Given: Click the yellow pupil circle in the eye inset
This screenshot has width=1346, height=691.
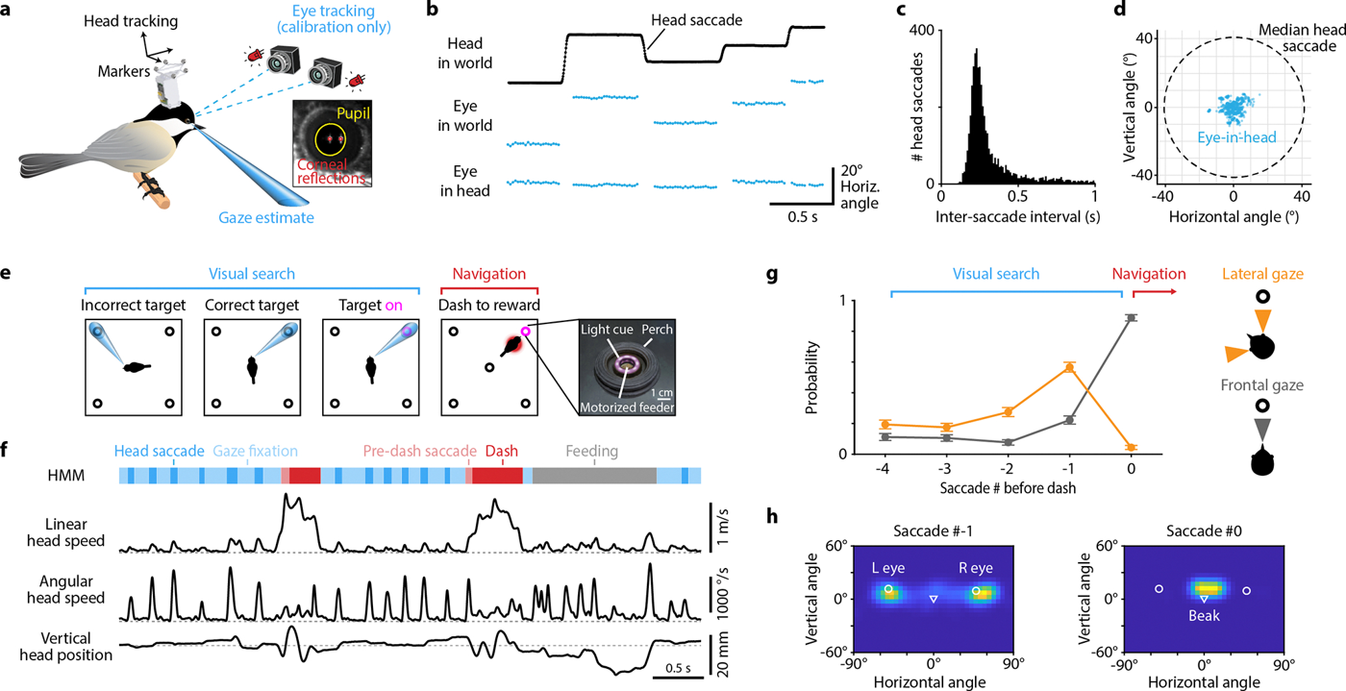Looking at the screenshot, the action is (x=315, y=139).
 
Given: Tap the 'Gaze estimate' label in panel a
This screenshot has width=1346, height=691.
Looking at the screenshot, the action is (x=266, y=217).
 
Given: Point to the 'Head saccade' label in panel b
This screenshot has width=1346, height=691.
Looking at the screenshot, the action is (x=696, y=20).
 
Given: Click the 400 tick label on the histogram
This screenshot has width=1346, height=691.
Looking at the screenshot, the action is (x=921, y=30).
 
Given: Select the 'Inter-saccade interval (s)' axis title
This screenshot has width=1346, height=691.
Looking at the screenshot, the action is (x=1018, y=216).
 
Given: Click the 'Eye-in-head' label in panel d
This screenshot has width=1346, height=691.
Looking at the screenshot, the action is (x=1236, y=137).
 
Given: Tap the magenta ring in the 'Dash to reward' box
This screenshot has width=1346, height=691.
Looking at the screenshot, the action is (x=526, y=331).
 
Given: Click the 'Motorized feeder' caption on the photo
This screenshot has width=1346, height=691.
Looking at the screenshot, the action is (x=627, y=407).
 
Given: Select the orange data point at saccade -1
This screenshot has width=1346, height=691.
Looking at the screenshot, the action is (x=1069, y=367).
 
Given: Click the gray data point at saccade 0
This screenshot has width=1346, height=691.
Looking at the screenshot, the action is (x=1131, y=318).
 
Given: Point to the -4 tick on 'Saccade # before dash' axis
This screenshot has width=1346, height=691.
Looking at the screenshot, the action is (x=883, y=468).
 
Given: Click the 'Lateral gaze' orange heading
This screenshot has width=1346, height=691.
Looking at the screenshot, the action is (x=1262, y=274).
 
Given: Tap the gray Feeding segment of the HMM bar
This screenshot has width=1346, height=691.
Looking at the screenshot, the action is (x=594, y=476).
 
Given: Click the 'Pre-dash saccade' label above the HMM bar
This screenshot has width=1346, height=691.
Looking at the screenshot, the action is (x=419, y=451).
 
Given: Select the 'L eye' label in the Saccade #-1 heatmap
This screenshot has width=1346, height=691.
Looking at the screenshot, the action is (x=888, y=568).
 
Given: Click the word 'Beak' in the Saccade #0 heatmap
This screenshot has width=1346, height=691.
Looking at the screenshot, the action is (x=1204, y=615).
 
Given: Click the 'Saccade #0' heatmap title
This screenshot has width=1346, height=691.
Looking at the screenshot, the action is (x=1204, y=531).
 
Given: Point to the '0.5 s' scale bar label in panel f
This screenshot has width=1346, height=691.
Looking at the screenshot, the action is (x=678, y=668).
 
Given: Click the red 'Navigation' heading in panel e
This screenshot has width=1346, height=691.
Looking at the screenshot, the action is (x=489, y=274).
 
